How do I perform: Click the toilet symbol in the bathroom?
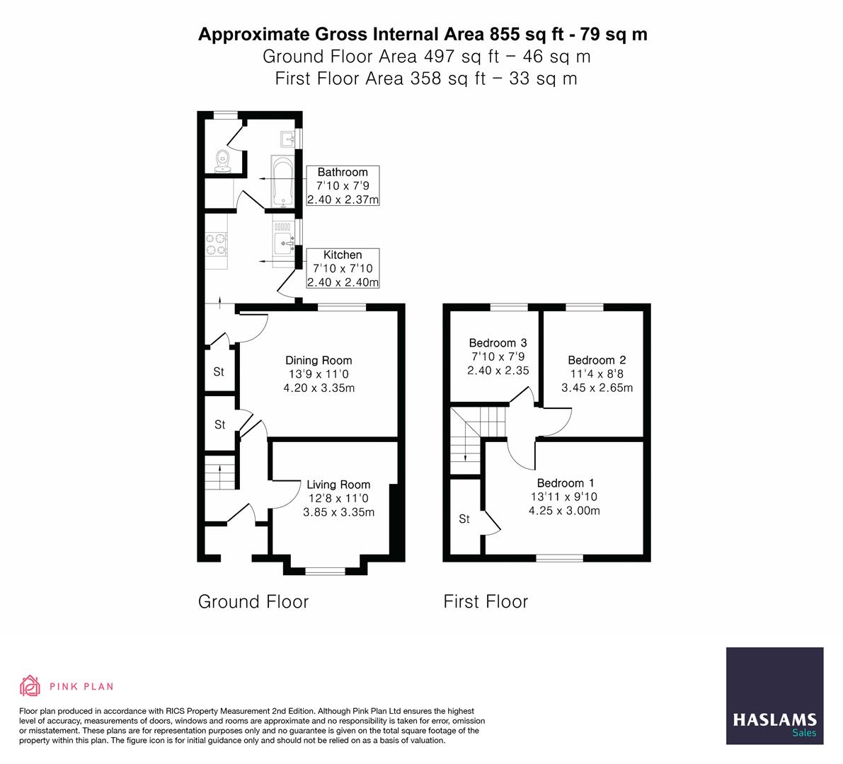pos(223,159)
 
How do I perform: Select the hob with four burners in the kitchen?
pos(217,244)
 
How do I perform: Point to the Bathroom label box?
pos(343,185)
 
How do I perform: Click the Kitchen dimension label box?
pos(343,268)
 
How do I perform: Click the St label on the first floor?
pos(464,519)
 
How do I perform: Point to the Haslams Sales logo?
pos(774,695)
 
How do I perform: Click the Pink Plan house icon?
pos(30,685)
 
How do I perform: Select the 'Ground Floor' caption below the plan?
pos(253,602)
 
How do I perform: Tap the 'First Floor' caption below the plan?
pos(486,602)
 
